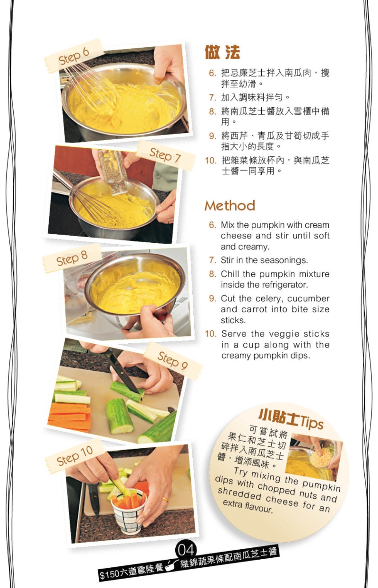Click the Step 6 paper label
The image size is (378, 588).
point(74,55)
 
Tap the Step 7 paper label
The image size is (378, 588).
point(166,155)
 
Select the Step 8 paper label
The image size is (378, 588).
point(72,258)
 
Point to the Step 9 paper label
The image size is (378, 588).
point(173,360)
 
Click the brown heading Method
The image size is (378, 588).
point(230,205)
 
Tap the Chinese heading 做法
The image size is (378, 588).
point(222,52)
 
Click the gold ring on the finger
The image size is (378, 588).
point(165,499)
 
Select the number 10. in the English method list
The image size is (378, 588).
point(211,334)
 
